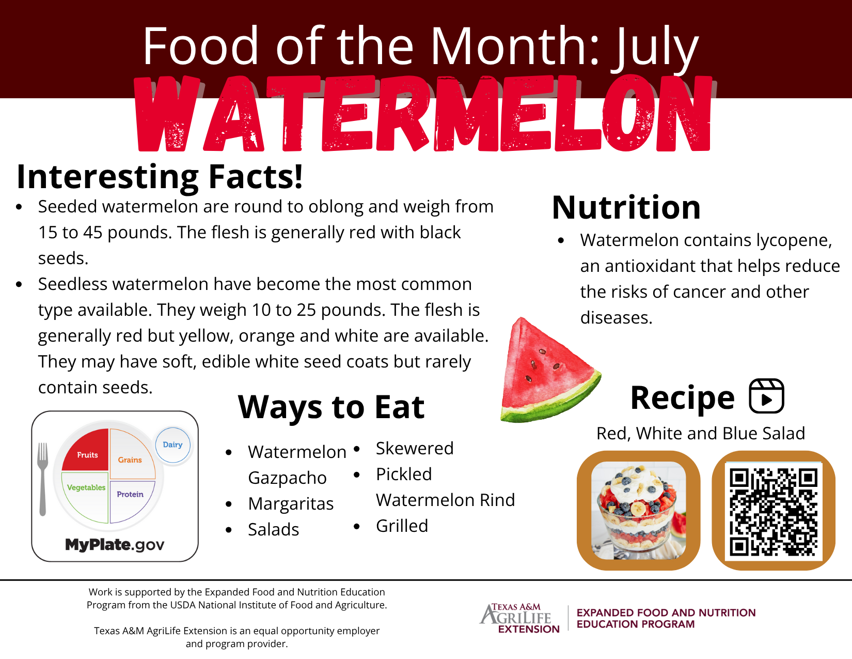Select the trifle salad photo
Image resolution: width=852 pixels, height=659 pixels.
pos(638,510)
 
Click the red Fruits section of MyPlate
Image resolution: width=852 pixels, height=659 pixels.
pos(86,451)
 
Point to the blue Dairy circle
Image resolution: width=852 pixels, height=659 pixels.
pos(173,445)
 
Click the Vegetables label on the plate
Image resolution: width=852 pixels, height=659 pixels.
pos(86,487)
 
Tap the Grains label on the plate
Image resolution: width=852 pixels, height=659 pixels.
pos(130,459)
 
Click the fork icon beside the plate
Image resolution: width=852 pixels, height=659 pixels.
pos(42,479)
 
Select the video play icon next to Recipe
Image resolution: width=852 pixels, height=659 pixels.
pos(766,396)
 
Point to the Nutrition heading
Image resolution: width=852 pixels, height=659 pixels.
pos(626,207)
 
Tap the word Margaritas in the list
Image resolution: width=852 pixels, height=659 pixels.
pos(291,503)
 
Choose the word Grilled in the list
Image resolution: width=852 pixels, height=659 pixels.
pos(402,526)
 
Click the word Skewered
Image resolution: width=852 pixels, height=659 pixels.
pos(415,448)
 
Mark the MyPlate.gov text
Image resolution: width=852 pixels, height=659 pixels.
pos(115,545)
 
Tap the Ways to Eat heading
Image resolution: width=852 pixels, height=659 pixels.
pos(331,407)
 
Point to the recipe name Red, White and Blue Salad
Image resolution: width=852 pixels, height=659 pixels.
pos(701,434)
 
